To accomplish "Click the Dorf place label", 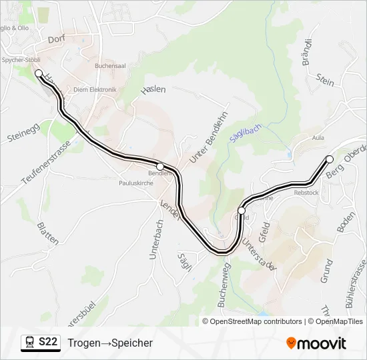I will [59, 39].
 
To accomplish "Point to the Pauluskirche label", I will [135, 183].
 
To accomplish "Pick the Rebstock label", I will [306, 193].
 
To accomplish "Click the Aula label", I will [318, 139].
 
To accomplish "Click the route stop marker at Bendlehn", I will [160, 166].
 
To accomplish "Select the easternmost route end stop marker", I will [329, 159].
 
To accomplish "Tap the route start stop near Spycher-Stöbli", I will [39, 73].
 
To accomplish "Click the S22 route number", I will [48, 343].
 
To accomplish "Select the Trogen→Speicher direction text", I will [110, 343].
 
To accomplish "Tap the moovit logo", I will [316, 343].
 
